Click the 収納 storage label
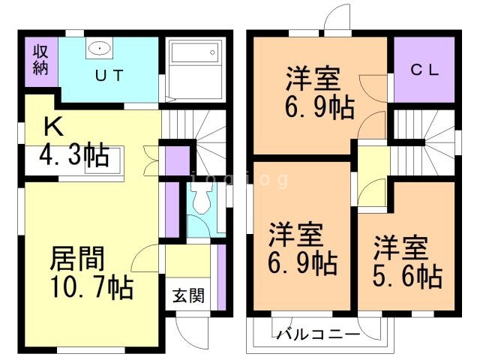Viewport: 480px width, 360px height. [x=40, y=60]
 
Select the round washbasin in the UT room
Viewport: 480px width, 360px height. [x=99, y=49]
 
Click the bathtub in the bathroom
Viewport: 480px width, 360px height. [x=194, y=62]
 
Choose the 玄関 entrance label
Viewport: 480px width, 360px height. [x=189, y=294]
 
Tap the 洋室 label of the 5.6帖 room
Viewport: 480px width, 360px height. [x=401, y=246]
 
